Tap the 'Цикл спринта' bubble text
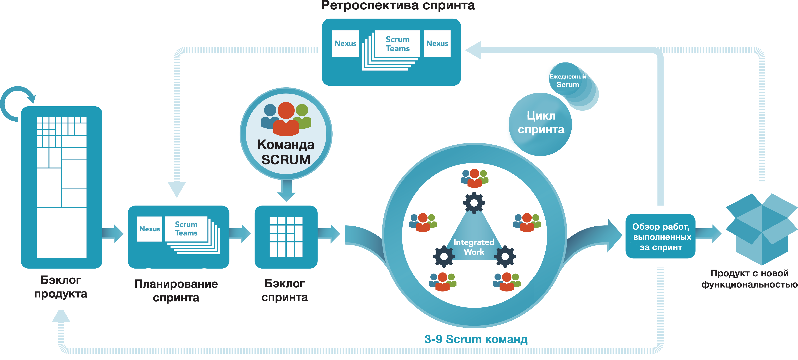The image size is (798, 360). click(x=541, y=123)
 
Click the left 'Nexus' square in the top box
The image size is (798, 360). click(x=345, y=43)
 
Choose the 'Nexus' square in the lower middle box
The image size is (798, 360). click(x=150, y=229)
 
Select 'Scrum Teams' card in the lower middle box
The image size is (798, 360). click(x=186, y=229)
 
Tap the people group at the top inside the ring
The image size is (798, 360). click(x=474, y=178)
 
